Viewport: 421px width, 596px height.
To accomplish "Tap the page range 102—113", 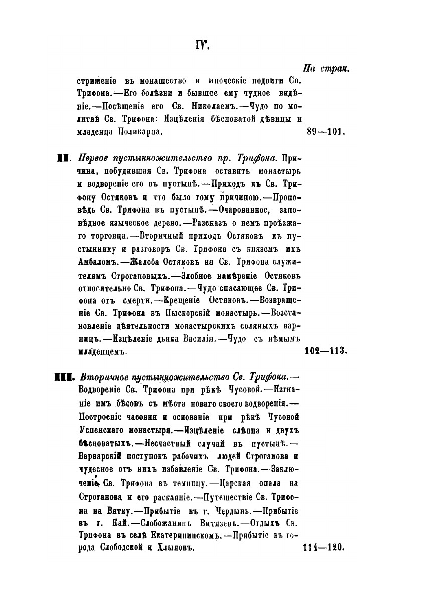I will coord(326,352).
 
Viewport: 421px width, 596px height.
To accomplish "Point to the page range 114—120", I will coord(325,548).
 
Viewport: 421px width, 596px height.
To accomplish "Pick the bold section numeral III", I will coord(65,376).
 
